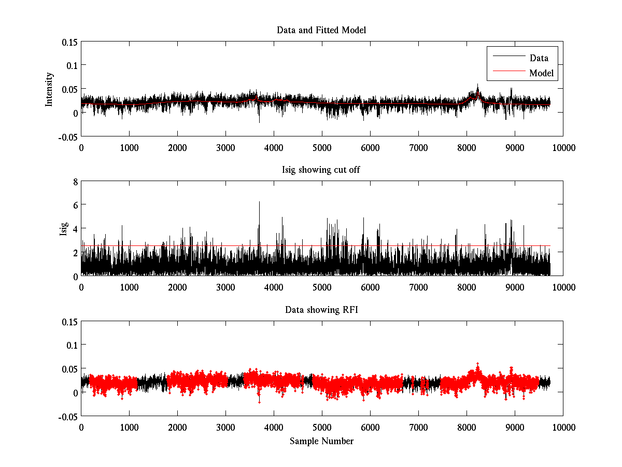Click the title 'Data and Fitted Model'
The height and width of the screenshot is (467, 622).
[x=321, y=30]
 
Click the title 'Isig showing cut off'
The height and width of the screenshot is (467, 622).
[x=321, y=170]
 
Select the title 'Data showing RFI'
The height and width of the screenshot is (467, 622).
[x=321, y=310]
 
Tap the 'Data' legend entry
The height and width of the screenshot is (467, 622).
[x=539, y=58]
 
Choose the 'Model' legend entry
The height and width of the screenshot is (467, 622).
[x=542, y=73]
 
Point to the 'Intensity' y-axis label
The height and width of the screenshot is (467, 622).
[x=49, y=89]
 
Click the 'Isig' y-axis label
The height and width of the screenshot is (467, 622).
[x=63, y=229]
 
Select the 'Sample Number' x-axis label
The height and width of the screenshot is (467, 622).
[x=321, y=441]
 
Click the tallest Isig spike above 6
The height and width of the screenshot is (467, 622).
[x=259, y=202]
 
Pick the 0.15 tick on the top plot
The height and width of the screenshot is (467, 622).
[x=69, y=42]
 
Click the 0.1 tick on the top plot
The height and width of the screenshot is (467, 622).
[x=71, y=65]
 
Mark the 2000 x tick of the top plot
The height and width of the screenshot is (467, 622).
[x=177, y=147]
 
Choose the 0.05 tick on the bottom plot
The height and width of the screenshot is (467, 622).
[x=69, y=369]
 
